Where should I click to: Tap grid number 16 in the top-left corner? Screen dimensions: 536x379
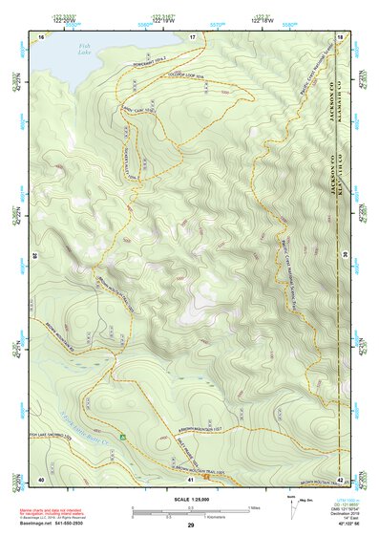click(x=41, y=35)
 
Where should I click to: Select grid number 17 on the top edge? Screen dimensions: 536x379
click(x=191, y=35)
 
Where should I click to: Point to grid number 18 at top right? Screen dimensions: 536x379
click(x=340, y=35)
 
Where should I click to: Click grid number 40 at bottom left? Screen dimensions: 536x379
click(x=41, y=479)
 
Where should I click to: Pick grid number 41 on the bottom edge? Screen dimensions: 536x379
click(x=191, y=479)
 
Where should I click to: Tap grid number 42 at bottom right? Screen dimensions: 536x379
click(x=340, y=479)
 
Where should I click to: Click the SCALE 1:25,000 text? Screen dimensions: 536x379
click(x=189, y=497)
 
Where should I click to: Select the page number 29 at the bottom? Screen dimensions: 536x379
click(x=191, y=525)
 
